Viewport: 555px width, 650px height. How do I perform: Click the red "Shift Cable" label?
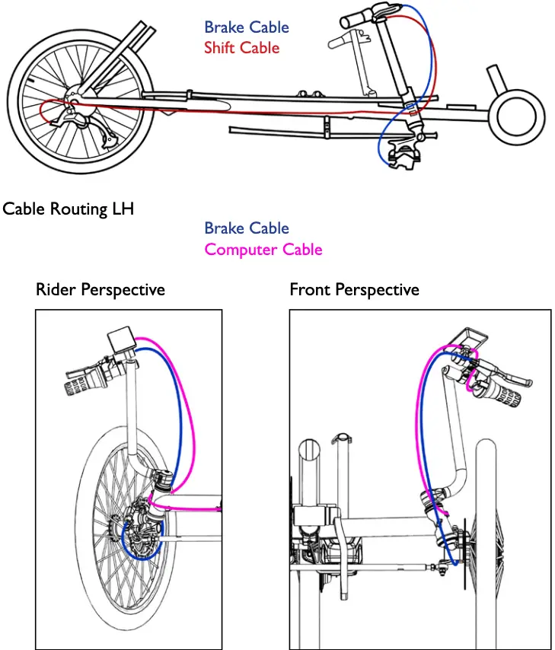(x=241, y=48)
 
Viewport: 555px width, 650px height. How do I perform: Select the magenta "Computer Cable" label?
(x=263, y=250)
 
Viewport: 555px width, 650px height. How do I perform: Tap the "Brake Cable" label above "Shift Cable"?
(x=246, y=27)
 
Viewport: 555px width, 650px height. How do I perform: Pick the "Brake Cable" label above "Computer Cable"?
(x=246, y=228)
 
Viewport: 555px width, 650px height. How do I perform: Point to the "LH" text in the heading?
(x=122, y=209)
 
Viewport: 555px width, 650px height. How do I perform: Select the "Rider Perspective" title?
(x=100, y=290)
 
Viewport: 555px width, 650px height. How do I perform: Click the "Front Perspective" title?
(x=354, y=290)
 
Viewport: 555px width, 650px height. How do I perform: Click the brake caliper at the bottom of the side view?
(x=403, y=157)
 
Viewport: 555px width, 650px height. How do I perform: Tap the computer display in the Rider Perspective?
(x=122, y=339)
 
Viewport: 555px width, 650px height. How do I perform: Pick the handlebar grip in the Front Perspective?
(x=502, y=397)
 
